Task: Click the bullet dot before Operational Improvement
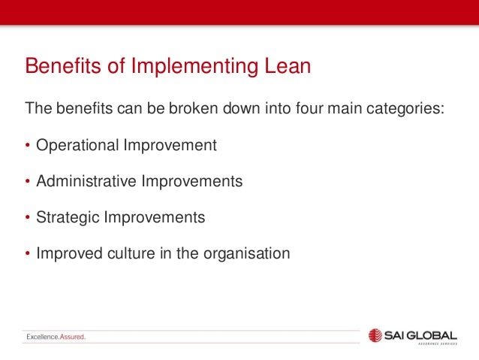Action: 28,145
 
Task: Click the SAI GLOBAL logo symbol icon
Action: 376,335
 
